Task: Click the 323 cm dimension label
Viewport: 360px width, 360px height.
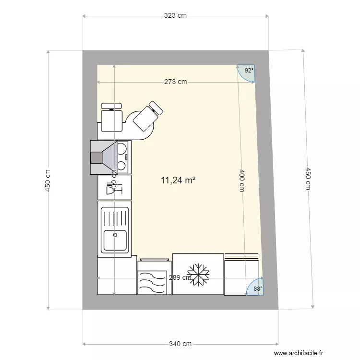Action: coord(175,16)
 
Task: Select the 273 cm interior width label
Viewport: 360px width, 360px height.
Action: coord(175,82)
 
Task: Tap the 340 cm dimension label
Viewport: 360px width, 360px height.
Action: coord(180,344)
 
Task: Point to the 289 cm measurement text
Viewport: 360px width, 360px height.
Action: coord(180,277)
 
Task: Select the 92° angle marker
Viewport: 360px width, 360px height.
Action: coord(248,71)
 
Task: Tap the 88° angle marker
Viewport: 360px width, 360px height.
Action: coord(257,289)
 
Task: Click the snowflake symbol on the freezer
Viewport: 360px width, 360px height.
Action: coord(198,275)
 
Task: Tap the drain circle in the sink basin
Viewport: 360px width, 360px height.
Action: coord(115,235)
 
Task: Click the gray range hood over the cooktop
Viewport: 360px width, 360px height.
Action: coord(104,156)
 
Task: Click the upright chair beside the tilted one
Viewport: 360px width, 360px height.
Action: coord(112,117)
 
